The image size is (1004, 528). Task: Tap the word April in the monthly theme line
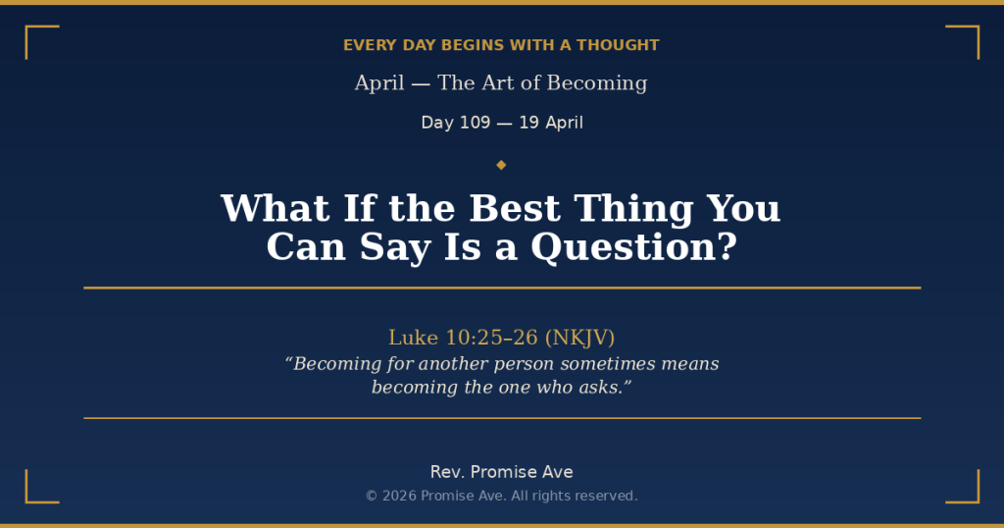pos(379,83)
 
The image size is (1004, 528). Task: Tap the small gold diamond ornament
pos(501,164)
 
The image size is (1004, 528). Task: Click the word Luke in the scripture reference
pos(413,338)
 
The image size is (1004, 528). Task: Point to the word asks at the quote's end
pos(600,388)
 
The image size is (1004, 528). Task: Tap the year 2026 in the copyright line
pos(399,496)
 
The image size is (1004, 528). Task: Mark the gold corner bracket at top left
pos(40,41)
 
